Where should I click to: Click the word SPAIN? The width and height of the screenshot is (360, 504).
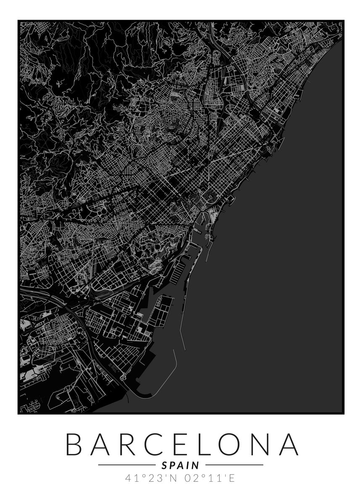coord(180,465)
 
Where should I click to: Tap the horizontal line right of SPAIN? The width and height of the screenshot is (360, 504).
coord(234,465)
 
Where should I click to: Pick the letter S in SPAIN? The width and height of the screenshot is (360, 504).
coord(163,465)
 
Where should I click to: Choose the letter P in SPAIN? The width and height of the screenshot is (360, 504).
coord(171,465)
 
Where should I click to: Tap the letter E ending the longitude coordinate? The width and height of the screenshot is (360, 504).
coord(232,478)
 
